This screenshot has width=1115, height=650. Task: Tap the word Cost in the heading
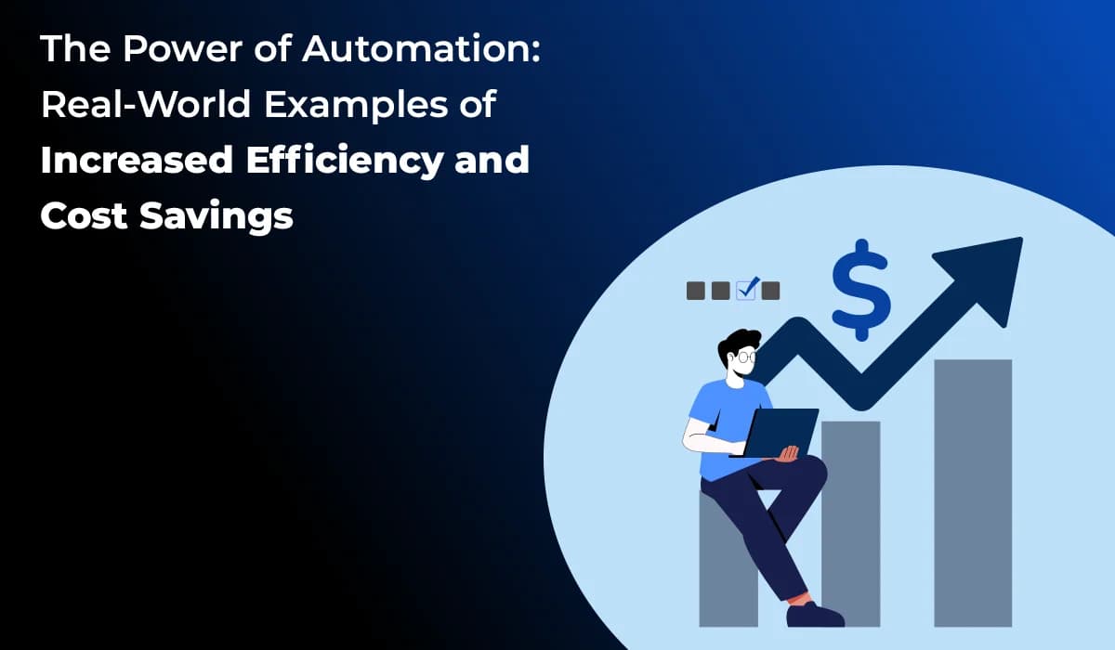[84, 215]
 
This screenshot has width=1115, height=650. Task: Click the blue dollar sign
[860, 288]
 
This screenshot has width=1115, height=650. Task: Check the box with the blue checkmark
[746, 290]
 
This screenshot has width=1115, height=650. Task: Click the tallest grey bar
[972, 492]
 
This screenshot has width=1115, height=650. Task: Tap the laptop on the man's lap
[780, 433]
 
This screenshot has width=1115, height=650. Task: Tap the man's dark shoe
[814, 615]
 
